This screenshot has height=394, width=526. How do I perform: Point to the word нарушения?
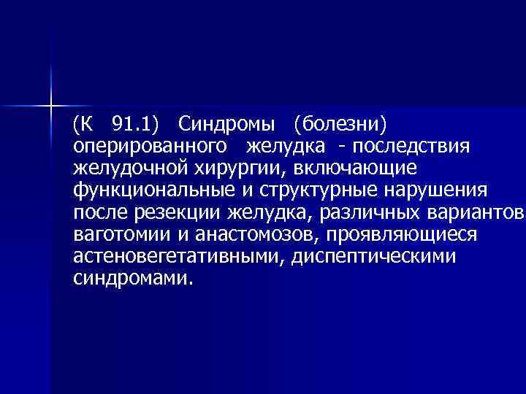433,190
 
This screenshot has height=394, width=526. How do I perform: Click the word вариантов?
475,213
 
